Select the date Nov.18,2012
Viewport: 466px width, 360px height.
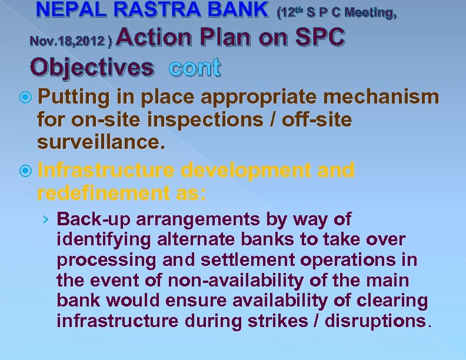click(x=69, y=41)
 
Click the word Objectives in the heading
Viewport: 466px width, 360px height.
click(x=91, y=67)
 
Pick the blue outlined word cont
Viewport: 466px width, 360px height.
click(x=195, y=68)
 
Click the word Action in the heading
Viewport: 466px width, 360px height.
click(x=157, y=38)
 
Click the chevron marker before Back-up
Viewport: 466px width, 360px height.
click(x=46, y=220)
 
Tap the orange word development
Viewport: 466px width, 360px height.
click(x=247, y=171)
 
